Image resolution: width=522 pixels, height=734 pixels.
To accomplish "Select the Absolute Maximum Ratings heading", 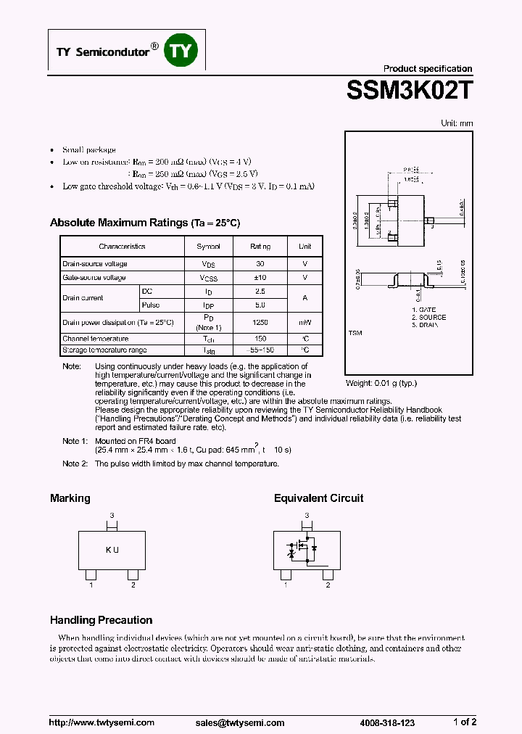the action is (144, 223).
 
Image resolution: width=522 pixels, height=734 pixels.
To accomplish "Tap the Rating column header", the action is (260, 247).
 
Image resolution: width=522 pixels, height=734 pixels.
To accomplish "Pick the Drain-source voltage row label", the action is (95, 264).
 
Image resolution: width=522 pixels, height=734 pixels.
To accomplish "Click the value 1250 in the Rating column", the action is (260, 322).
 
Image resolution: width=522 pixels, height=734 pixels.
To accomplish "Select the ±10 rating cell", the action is (260, 278).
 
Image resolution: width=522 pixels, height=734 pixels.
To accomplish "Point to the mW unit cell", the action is (305, 322).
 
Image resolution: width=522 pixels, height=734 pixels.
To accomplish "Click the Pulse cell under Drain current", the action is (151, 305).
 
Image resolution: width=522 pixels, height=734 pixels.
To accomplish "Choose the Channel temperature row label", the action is (96, 339).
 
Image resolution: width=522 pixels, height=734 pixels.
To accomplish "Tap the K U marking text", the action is (112, 550).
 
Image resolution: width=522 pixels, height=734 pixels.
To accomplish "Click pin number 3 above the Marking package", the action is (112, 515).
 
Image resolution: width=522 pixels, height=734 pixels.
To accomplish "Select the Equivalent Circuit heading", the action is (318, 498).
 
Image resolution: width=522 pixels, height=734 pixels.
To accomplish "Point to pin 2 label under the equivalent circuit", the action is (328, 585).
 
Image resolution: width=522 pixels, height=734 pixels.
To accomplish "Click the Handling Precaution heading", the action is (101, 620).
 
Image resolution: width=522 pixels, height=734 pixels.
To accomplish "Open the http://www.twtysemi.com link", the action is (101, 722).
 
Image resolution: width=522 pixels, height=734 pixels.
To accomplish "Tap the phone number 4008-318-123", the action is (387, 722).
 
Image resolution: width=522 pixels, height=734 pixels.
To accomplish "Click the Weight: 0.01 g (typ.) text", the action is (381, 383).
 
